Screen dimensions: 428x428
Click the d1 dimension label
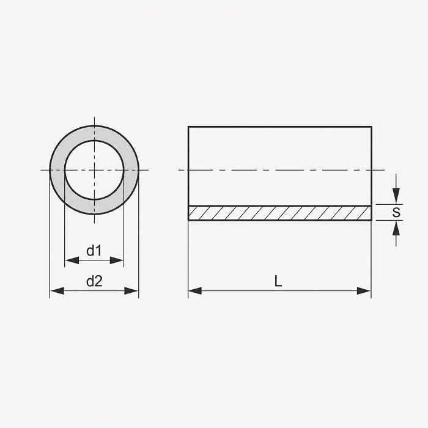[94, 251]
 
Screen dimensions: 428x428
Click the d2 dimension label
[94, 281]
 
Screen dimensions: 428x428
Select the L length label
[278, 281]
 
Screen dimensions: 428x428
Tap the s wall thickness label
[396, 212]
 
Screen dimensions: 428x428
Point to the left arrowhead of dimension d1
[72, 260]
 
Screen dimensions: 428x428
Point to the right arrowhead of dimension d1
[117, 260]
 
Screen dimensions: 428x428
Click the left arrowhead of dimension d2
[57, 291]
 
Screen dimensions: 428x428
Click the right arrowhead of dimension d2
[131, 291]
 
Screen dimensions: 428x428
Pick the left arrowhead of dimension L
[195, 291]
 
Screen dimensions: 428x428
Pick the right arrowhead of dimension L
[364, 291]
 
